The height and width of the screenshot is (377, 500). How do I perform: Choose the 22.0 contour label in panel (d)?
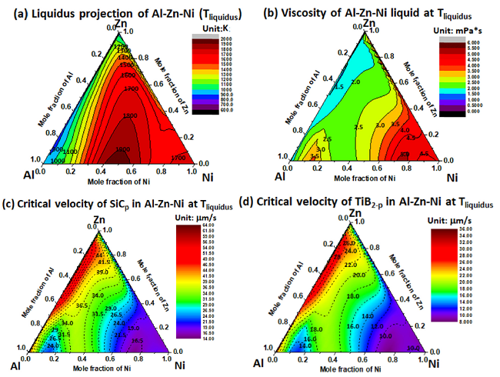pyautogui.click(x=352, y=264)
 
